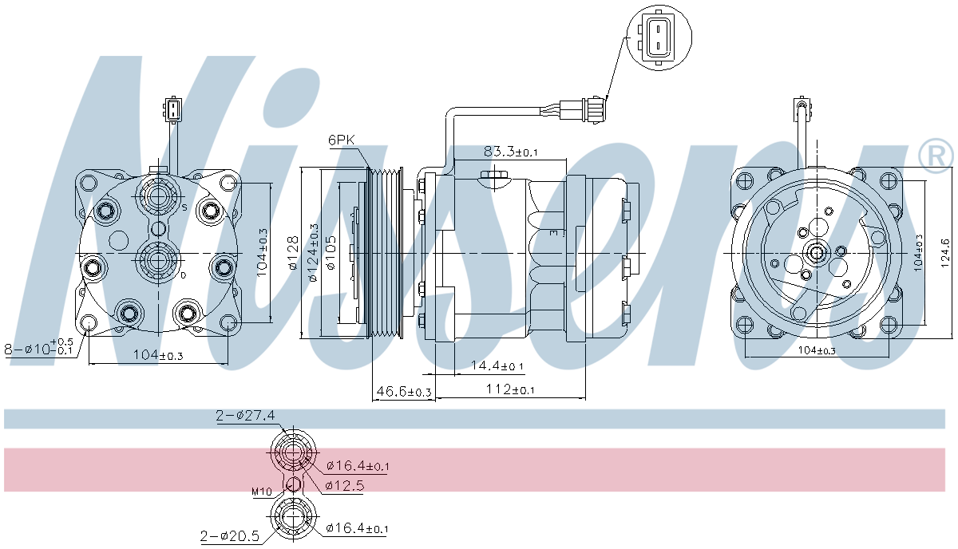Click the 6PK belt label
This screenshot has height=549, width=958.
pos(341,140)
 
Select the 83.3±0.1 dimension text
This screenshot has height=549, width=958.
pos(510,151)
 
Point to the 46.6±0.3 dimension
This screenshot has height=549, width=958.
pos(403,391)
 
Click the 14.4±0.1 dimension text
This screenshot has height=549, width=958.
pos(497,366)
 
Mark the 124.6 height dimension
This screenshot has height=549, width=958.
pos(945,255)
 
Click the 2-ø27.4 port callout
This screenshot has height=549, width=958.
pos(245,415)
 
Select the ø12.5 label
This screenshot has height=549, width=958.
pos(345,485)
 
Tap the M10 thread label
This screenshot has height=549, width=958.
pos(262,492)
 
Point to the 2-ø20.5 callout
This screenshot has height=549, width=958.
pos(230,537)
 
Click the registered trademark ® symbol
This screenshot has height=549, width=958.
pos(936,156)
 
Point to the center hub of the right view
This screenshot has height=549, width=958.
pos(816,254)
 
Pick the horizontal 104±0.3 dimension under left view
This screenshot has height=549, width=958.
pos(157,356)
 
